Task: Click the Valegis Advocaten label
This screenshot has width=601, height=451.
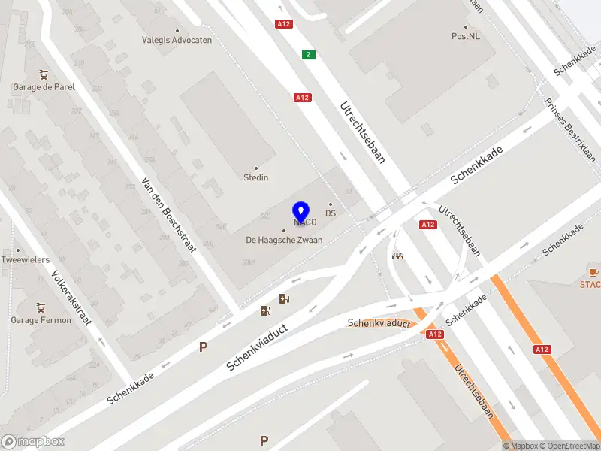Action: pyautogui.click(x=177, y=40)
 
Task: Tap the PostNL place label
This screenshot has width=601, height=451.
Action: pyautogui.click(x=465, y=35)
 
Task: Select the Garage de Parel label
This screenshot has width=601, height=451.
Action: pyautogui.click(x=44, y=86)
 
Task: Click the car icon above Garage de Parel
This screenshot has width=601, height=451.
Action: pyautogui.click(x=44, y=74)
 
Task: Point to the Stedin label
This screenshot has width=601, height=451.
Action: pyautogui.click(x=255, y=177)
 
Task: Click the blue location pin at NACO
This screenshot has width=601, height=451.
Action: pyautogui.click(x=301, y=211)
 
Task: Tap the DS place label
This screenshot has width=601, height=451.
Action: pyautogui.click(x=331, y=213)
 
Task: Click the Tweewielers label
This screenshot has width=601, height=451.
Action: pyautogui.click(x=26, y=259)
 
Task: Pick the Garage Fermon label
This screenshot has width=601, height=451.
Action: pyautogui.click(x=41, y=320)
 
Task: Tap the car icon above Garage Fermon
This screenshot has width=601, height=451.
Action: pyautogui.click(x=41, y=307)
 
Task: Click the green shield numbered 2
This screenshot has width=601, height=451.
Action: pyautogui.click(x=308, y=54)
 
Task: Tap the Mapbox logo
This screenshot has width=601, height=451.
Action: pyautogui.click(x=33, y=442)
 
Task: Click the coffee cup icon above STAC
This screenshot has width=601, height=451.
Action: pyautogui.click(x=593, y=271)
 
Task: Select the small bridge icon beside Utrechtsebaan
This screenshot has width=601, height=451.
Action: pyautogui.click(x=397, y=255)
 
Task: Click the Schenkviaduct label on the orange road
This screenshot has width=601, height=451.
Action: pyautogui.click(x=379, y=323)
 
